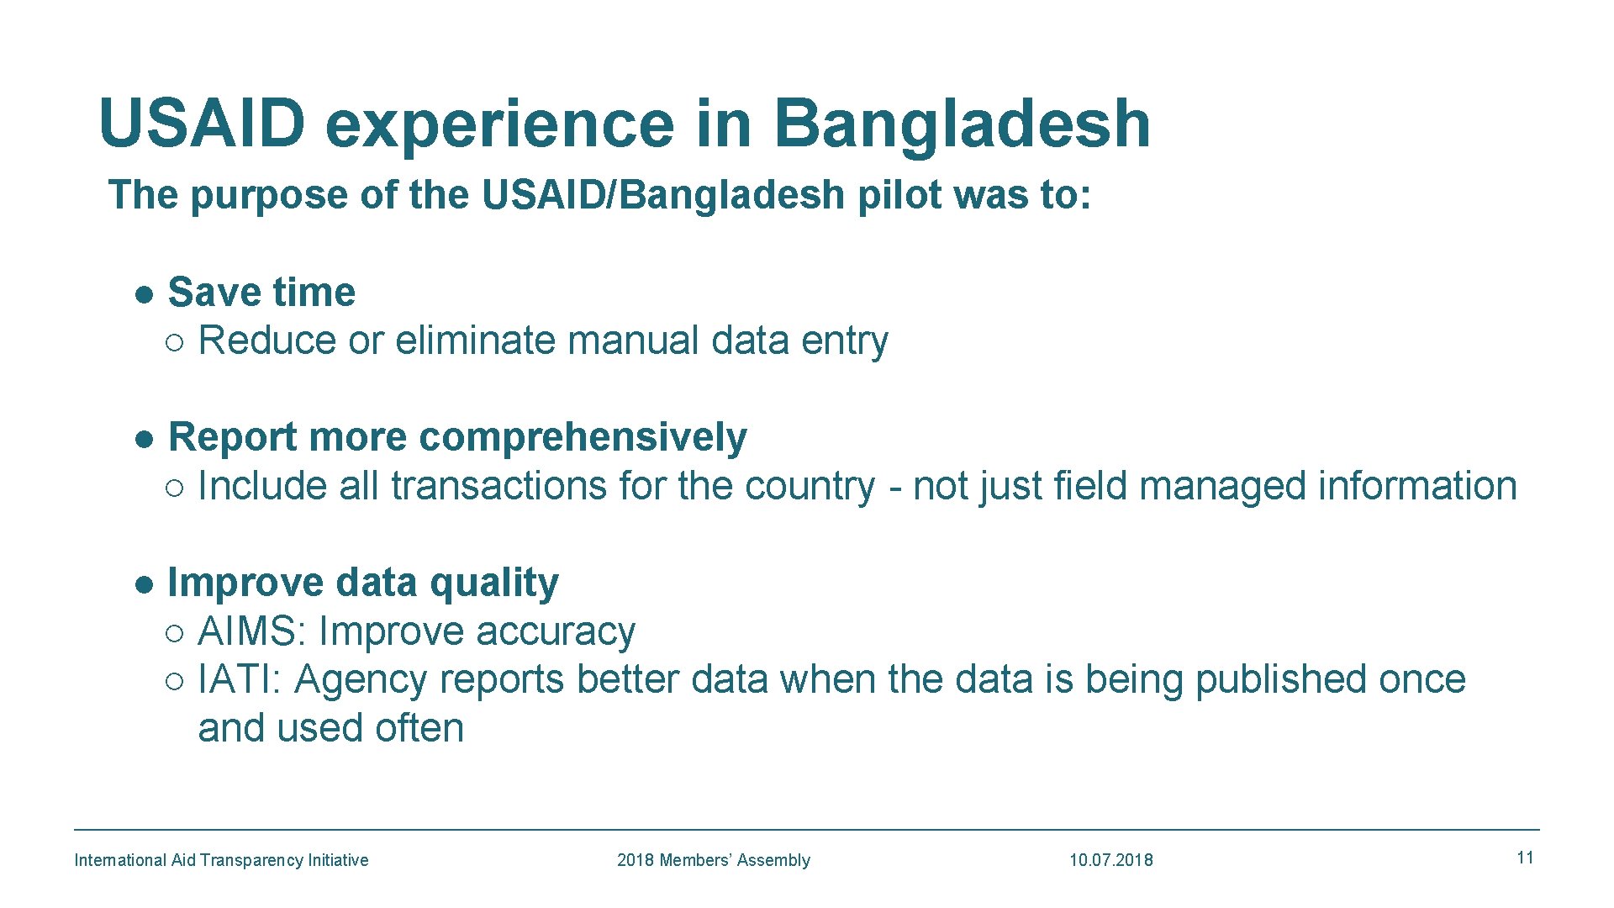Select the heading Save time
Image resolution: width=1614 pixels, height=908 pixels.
[x=261, y=293]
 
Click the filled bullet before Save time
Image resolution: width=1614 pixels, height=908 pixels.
[x=145, y=294]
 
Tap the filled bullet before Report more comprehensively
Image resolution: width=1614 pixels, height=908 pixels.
[x=145, y=440]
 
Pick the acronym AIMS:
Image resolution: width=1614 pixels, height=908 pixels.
[x=252, y=631]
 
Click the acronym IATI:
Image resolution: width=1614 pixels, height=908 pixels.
[x=239, y=679]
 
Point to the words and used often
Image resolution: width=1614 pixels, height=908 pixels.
[x=330, y=728]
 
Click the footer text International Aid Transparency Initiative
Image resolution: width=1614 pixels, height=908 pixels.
[x=221, y=860]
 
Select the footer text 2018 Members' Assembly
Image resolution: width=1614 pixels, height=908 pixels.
[x=713, y=860]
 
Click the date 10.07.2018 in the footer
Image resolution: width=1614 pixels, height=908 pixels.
[x=1110, y=860]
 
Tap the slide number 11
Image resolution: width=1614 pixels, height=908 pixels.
[x=1525, y=858]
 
